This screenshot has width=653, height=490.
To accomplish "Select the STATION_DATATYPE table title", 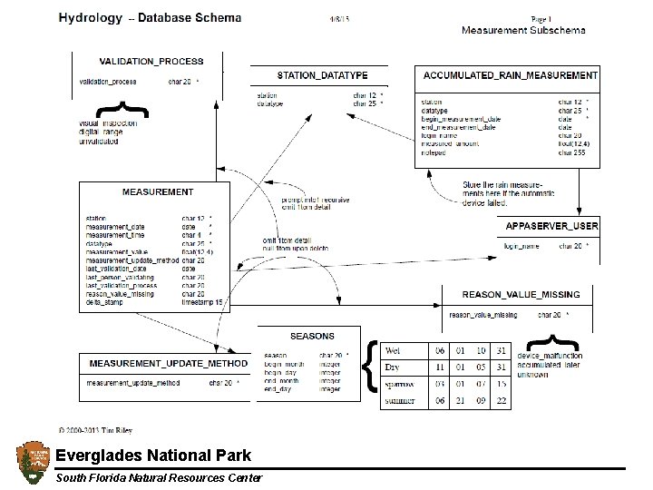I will click(322, 75).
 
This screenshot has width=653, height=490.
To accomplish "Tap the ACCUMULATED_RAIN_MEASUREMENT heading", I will click(511, 76).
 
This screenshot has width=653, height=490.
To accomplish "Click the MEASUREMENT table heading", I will click(158, 192).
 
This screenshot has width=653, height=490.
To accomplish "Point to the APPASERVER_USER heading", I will click(551, 225).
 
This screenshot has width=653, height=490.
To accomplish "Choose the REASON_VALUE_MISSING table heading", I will click(521, 295).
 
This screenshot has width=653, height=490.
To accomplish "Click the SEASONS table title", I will click(312, 336).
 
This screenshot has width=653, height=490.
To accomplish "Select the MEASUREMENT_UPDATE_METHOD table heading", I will click(169, 364).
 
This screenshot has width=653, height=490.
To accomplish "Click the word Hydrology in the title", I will click(90, 17).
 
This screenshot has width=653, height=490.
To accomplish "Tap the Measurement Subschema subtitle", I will click(523, 30).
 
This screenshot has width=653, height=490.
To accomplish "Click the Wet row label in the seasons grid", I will click(393, 350).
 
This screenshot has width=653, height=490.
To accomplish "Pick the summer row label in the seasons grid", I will click(400, 400).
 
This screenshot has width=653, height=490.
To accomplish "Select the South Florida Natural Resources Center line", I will click(159, 478).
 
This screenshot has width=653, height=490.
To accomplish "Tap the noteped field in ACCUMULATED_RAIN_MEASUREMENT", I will click(434, 153).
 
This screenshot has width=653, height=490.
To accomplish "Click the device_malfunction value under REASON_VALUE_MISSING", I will click(550, 356).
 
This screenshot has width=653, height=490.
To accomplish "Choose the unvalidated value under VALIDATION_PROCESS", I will click(100, 142).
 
